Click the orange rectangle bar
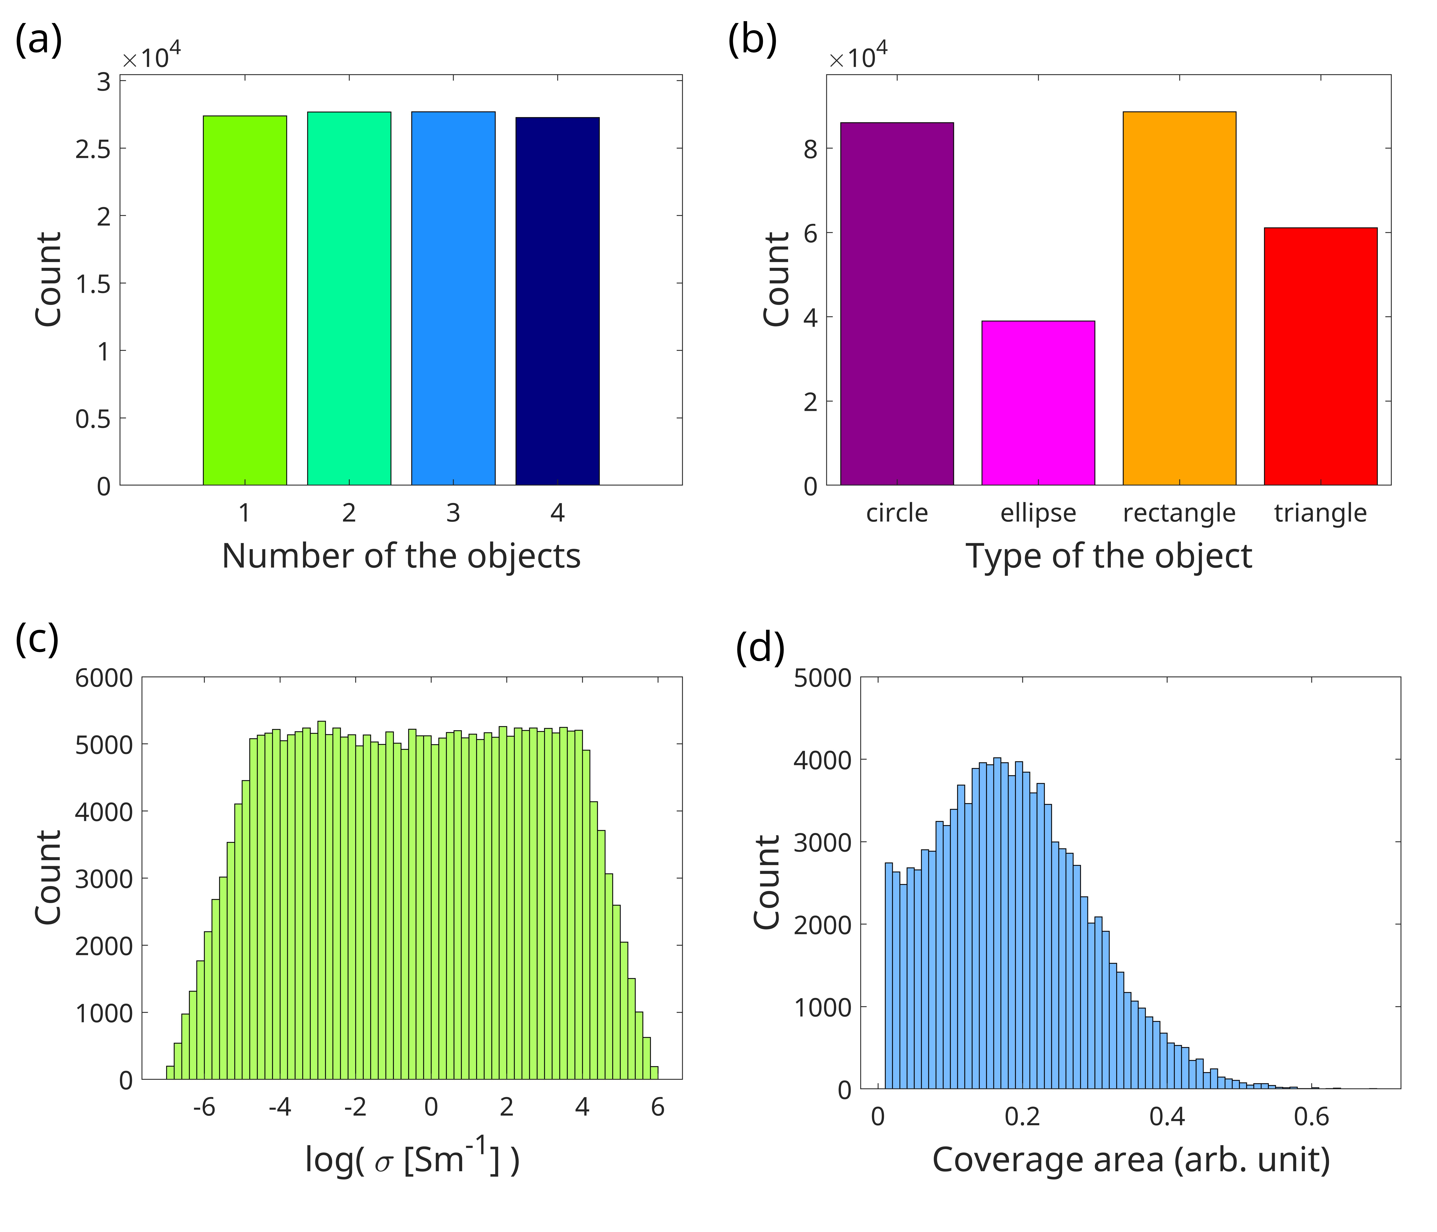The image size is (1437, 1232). tap(1179, 298)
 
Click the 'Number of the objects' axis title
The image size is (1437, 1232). tap(401, 556)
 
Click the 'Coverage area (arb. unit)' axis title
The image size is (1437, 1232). tap(1131, 1160)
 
